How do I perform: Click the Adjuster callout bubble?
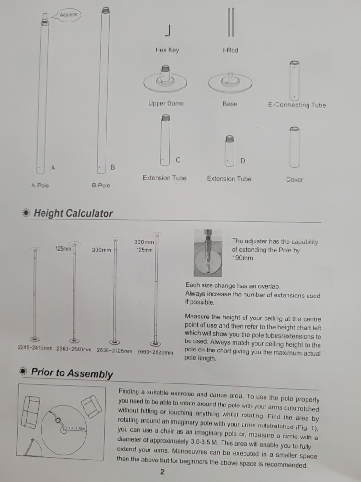pos(69,15)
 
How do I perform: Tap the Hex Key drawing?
pos(168,31)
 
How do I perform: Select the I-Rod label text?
pos(230,50)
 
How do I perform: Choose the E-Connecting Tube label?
pos(297,105)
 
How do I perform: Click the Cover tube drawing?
pos(294,147)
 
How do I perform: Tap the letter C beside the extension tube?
pos(178,160)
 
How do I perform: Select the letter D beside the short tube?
pos(243,161)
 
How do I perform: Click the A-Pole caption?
pos(40,186)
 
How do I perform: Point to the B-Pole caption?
pos(101,186)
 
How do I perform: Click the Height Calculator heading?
pos(73,213)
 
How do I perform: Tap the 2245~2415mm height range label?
pos(35,348)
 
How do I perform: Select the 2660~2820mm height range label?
pos(155,352)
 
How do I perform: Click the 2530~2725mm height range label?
pos(115,351)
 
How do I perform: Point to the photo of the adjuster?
pos(208,253)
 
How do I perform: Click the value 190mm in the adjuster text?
pos(243,258)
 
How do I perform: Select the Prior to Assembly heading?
pos(72,373)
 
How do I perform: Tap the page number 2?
pos(162,472)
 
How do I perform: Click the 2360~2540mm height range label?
pos(74,350)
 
